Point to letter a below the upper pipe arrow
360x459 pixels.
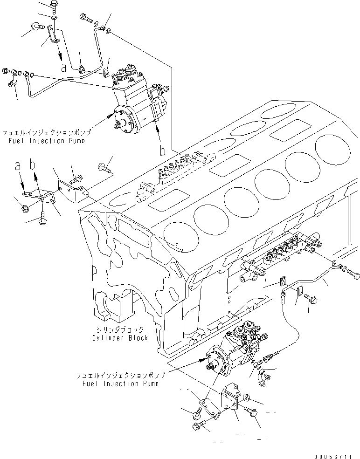point(64,67)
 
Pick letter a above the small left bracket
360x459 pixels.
point(18,165)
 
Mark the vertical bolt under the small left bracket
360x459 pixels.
point(43,217)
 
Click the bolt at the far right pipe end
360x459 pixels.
point(354,274)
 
